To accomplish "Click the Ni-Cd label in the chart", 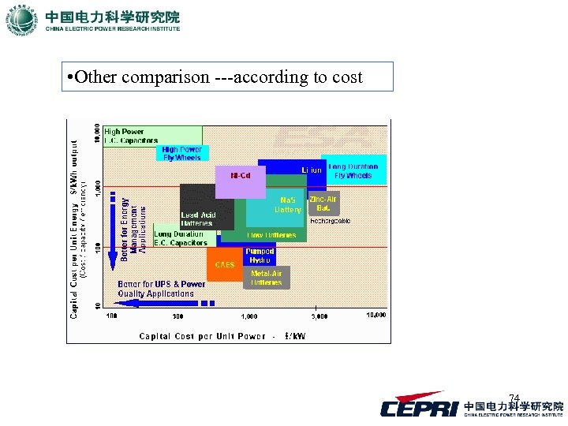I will click(241, 175).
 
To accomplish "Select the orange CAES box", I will click(225, 264).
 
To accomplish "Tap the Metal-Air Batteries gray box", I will click(267, 278).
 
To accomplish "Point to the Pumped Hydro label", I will click(259, 256).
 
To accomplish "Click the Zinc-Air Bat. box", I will click(323, 204).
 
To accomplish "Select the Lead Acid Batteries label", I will click(197, 219).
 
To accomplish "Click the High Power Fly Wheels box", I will click(182, 153).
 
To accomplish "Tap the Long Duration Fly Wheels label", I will click(353, 171).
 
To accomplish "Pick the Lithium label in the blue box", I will click(312, 170).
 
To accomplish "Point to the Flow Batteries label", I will click(271, 235).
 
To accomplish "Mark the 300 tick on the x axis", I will click(177, 316).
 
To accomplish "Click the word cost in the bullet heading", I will click(346, 77).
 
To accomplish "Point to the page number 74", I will click(514, 398).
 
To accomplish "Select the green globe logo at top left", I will click(22, 21).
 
